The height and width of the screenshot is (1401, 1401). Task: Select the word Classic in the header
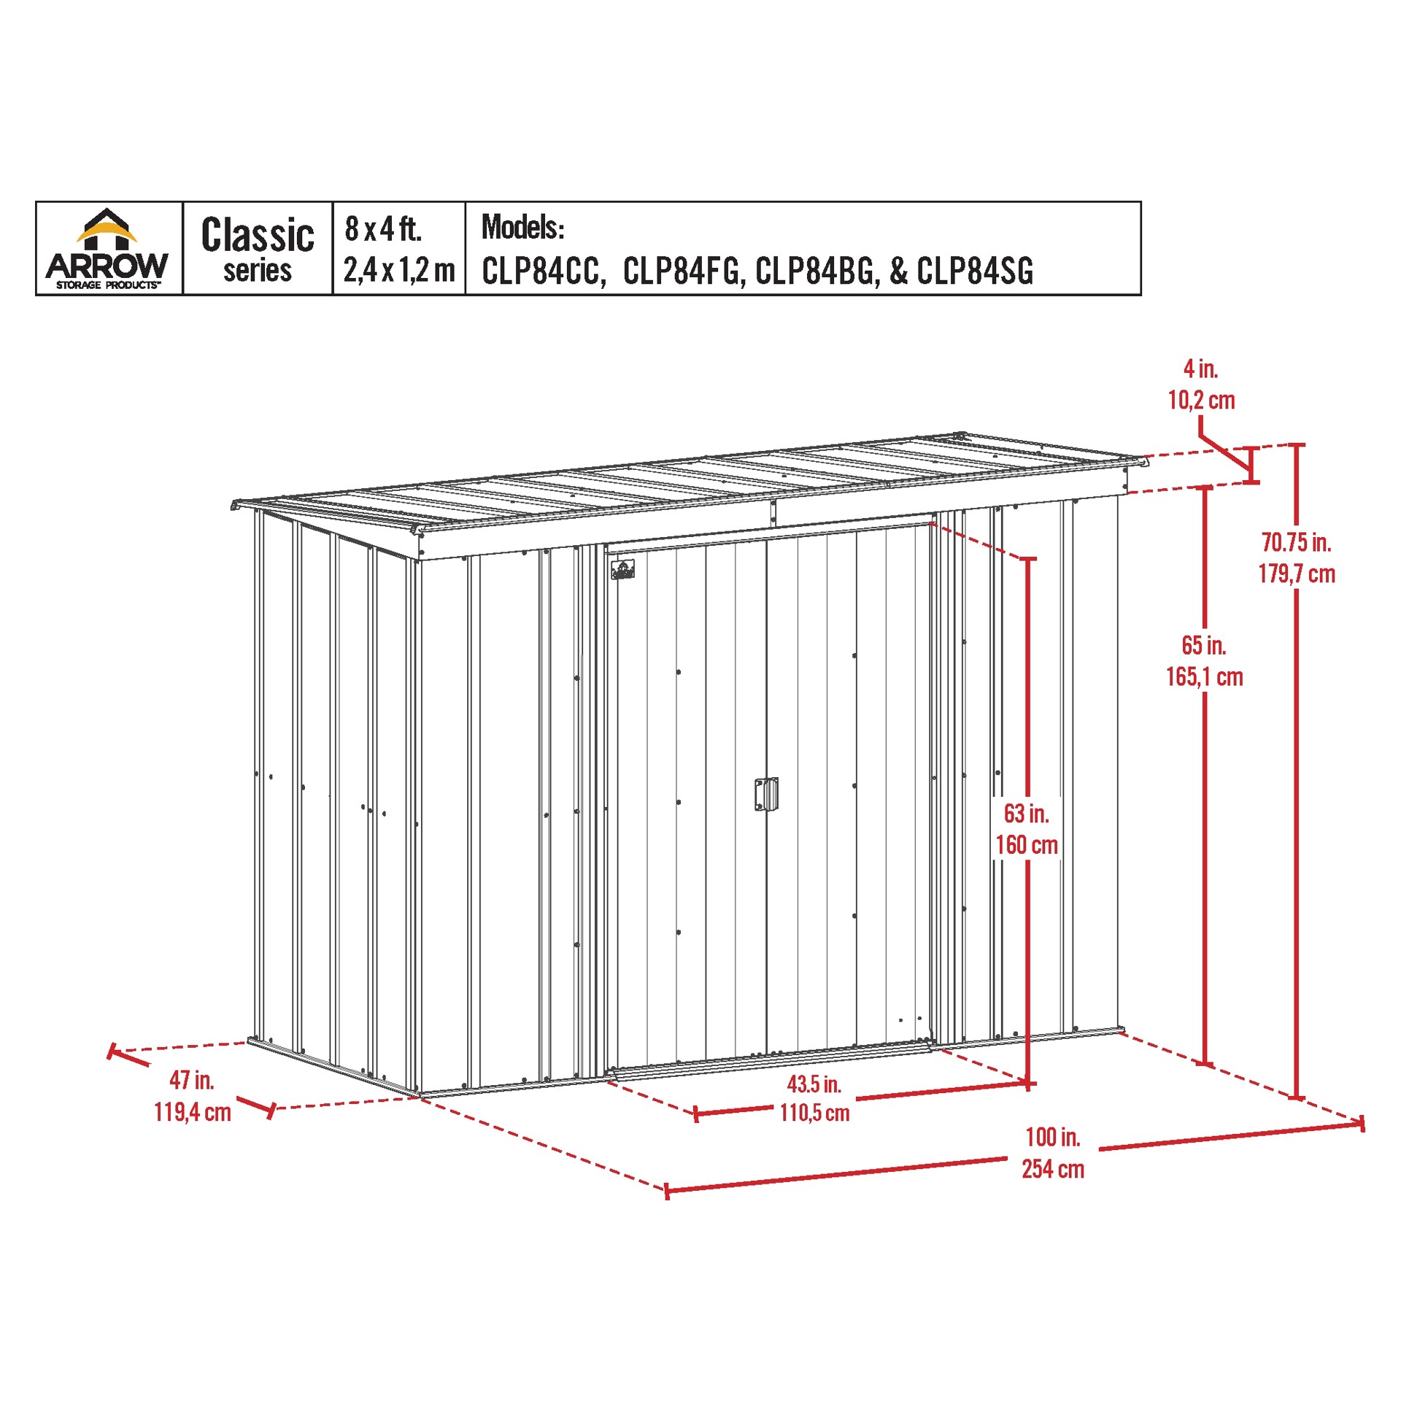coord(258,235)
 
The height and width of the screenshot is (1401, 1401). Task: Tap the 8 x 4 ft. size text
coord(383,229)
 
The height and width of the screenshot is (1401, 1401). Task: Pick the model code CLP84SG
coord(975,271)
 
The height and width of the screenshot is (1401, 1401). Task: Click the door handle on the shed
coord(766,794)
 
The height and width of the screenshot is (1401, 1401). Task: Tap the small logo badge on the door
coord(622,569)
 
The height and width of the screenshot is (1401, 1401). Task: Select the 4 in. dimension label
coord(1200,369)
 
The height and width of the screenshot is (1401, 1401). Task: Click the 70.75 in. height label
coord(1296,542)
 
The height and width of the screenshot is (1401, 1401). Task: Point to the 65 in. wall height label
coord(1204,645)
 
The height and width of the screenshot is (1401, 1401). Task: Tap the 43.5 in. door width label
coord(814,1084)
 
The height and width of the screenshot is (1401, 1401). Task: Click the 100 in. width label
coord(1052,1137)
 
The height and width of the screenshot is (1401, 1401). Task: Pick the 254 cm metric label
coord(1053,1169)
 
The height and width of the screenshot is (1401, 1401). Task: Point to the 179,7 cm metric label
coord(1297,574)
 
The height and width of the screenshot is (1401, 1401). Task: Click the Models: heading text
coord(522,227)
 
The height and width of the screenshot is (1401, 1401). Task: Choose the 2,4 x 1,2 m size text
coord(399,270)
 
